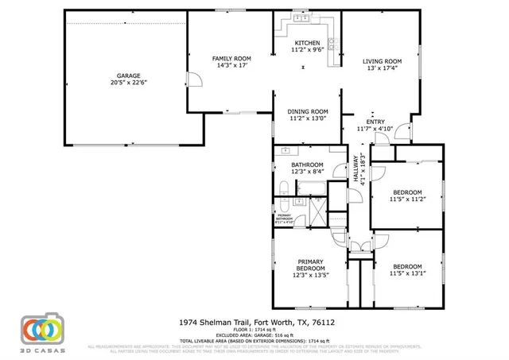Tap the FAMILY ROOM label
click(x=231, y=59)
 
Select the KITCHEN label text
click(x=308, y=43)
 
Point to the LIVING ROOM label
click(x=382, y=61)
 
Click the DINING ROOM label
click(x=308, y=111)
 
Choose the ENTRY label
click(x=375, y=122)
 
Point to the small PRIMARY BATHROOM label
click(x=284, y=218)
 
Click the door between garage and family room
click(x=189, y=79)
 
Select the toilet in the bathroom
click(x=284, y=189)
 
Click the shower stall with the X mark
click(x=317, y=212)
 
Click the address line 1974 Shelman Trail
click(x=254, y=323)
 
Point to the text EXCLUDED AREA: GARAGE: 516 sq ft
click(x=254, y=335)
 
